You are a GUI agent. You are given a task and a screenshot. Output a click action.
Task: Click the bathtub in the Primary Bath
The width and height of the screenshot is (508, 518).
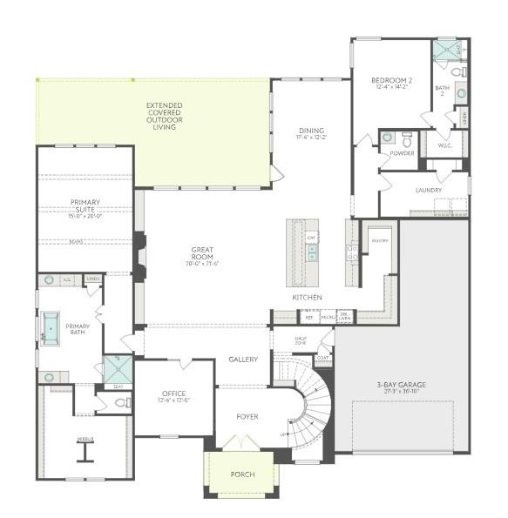point(50,327)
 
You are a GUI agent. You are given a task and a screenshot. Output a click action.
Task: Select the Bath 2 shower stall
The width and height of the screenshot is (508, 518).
point(446,50)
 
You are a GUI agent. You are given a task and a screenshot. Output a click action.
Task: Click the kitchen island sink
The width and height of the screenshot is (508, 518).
point(312,252)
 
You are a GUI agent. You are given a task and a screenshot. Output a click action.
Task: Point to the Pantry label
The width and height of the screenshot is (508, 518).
point(379,240)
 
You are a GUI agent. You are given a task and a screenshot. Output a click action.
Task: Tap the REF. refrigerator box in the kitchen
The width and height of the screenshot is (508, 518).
point(308,318)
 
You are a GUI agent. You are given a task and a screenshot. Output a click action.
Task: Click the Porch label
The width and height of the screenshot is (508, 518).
point(242,474)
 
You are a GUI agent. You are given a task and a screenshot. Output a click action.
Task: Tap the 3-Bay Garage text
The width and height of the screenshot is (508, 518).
point(401,386)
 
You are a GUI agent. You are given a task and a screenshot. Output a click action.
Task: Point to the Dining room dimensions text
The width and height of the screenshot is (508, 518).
point(311,137)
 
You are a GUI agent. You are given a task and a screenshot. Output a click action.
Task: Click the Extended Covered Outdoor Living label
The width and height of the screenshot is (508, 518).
point(165,116)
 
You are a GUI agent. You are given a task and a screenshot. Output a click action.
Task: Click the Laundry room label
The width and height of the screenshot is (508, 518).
point(428,190)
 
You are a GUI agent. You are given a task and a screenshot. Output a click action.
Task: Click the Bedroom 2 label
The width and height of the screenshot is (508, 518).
point(390,79)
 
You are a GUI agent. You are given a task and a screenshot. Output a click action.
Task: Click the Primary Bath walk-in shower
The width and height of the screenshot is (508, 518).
point(117,369)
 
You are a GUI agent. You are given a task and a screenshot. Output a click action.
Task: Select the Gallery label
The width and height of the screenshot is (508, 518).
point(243,360)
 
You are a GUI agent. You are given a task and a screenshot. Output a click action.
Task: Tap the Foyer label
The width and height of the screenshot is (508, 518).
point(247,416)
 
